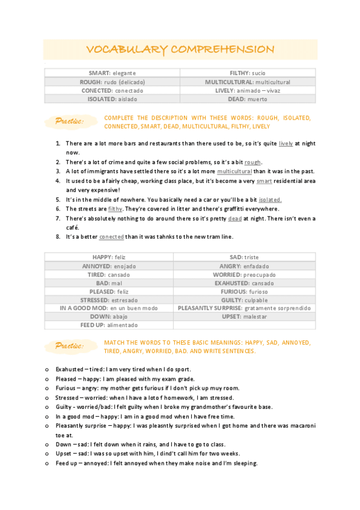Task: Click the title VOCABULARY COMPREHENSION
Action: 180,49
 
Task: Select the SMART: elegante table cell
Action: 112,73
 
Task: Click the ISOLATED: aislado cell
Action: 112,99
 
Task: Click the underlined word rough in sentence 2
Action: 252,162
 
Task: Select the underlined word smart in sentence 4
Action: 264,181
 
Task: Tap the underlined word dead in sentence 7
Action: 234,219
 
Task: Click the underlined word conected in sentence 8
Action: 112,237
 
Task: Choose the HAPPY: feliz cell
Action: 109,257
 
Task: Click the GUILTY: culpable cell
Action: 243,300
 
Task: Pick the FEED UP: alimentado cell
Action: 109,325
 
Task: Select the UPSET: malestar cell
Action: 243,316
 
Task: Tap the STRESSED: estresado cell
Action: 109,300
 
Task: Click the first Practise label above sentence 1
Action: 69,122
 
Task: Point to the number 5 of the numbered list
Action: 58,200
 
